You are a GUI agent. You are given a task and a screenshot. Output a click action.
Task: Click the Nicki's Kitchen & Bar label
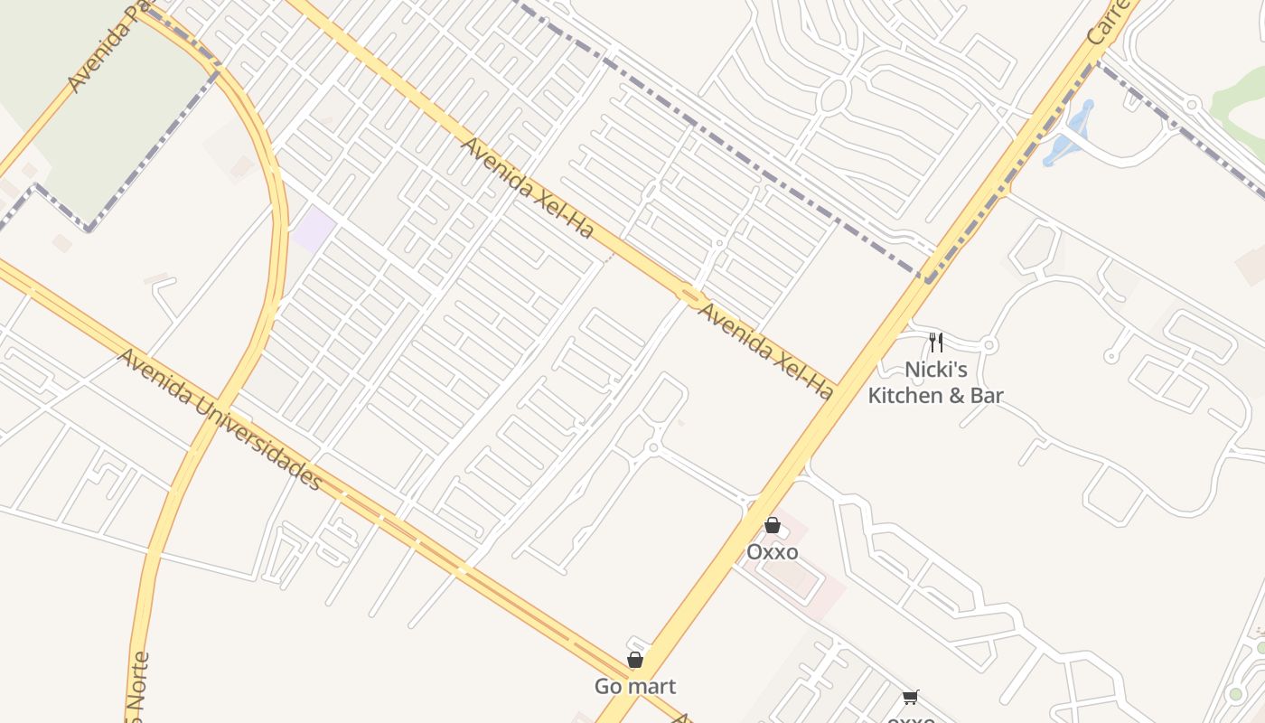coord(935,382)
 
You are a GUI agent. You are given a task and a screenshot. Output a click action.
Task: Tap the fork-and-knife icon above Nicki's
coord(936,343)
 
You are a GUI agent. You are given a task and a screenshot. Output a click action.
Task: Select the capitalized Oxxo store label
coord(772,551)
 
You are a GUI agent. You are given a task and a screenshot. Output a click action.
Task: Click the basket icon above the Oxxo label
coord(772,525)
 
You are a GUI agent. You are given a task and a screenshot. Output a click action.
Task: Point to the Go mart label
coord(635,687)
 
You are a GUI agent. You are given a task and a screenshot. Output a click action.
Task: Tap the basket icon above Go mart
coord(635,661)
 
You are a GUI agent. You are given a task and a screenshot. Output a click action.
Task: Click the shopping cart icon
coord(910,697)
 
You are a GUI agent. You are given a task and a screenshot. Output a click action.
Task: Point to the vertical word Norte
coord(139,687)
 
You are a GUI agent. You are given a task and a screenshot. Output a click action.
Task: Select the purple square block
coord(313,230)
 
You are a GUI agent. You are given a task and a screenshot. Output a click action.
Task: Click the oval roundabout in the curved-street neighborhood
coord(834,95)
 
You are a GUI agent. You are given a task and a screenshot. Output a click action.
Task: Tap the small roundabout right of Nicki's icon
coord(989,345)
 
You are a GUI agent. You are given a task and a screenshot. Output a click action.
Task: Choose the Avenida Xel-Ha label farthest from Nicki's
coord(528,188)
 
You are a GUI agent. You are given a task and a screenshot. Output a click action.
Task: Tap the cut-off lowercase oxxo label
coord(911,718)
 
